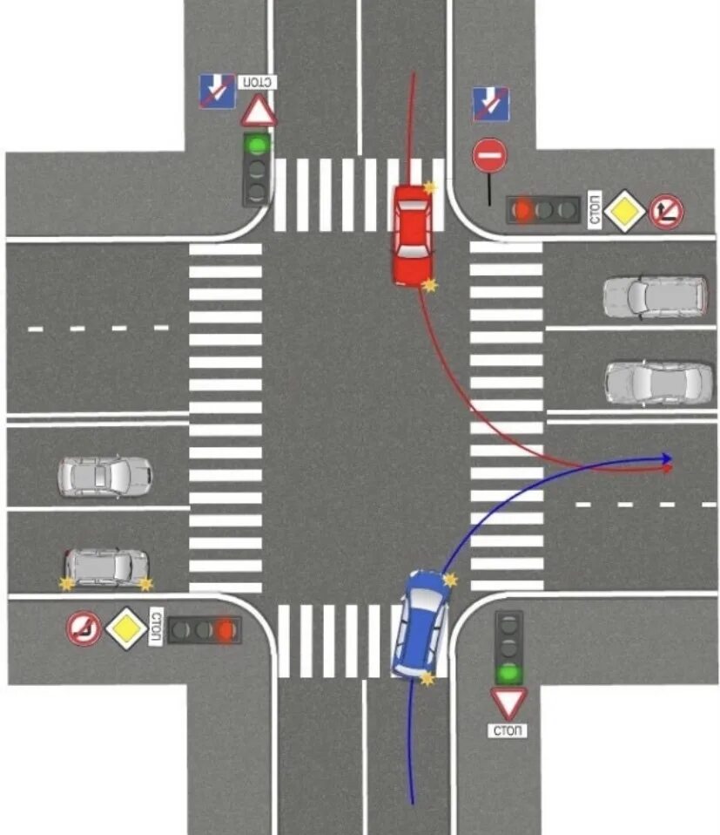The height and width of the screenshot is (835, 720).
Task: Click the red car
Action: click(412, 234)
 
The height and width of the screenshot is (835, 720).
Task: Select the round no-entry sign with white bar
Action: click(488, 157)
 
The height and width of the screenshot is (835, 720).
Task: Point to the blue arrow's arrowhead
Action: click(667, 458)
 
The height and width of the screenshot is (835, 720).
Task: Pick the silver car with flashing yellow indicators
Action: click(106, 568)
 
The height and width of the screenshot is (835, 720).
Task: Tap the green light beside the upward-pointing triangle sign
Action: click(256, 144)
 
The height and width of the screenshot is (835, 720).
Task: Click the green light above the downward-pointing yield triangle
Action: click(508, 673)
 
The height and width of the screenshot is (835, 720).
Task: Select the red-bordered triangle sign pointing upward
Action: click(259, 112)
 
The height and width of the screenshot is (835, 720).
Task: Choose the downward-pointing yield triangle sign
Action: click(508, 703)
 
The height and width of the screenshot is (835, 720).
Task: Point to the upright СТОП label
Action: click(508, 730)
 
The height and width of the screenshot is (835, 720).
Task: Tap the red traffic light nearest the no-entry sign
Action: click(523, 209)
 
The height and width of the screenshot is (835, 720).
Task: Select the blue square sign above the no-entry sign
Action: click(489, 104)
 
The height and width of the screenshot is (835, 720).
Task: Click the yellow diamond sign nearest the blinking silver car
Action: click(126, 628)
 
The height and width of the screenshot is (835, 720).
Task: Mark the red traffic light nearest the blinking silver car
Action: click(227, 629)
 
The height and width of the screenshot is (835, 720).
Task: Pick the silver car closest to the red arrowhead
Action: click(658, 383)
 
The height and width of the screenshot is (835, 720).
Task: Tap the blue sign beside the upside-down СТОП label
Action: click(218, 91)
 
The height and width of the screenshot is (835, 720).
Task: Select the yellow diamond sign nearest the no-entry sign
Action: click(624, 212)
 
